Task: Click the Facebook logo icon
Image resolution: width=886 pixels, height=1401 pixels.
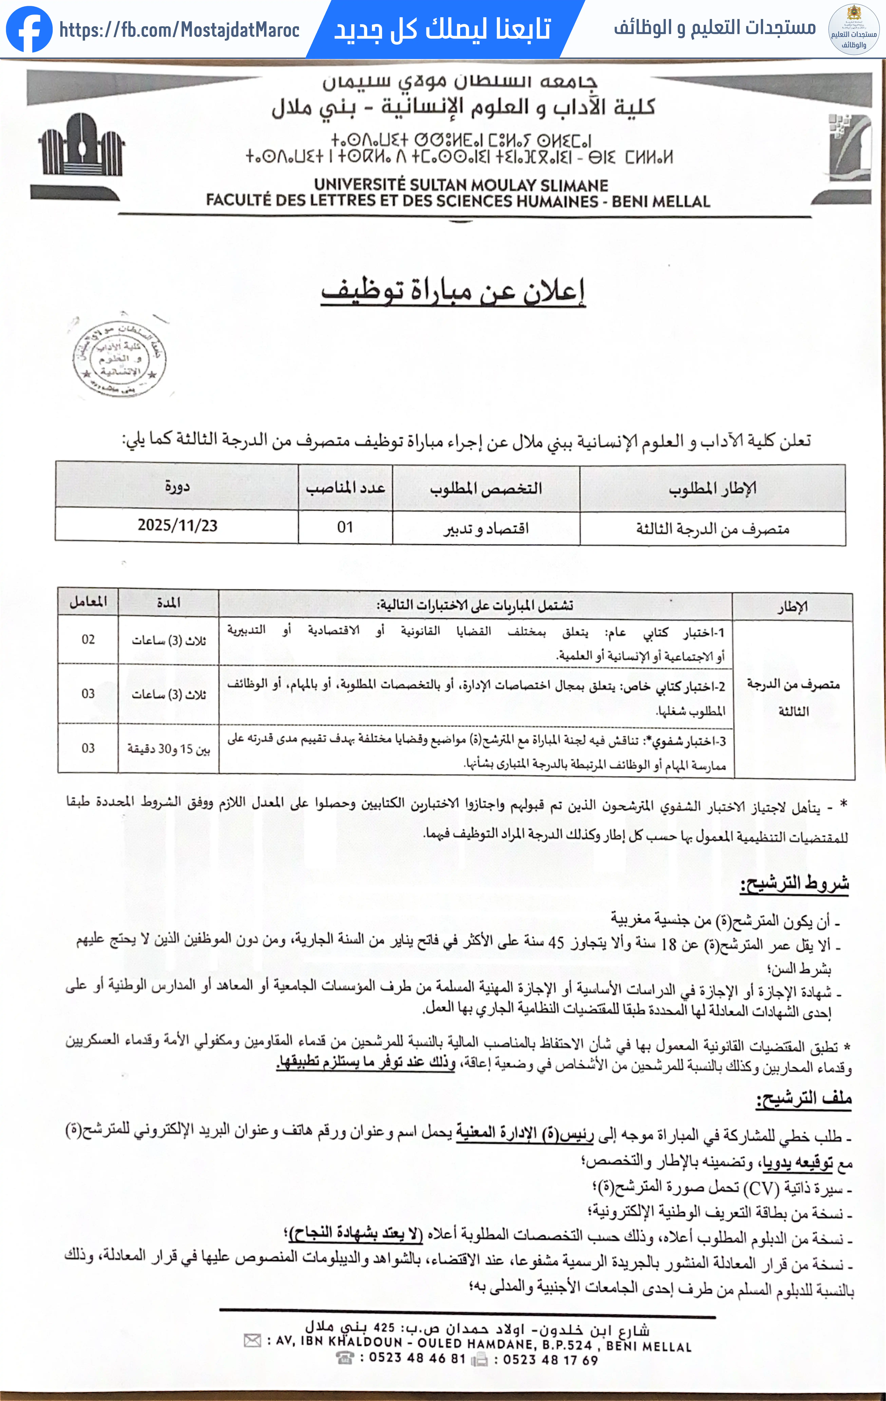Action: [x=29, y=29]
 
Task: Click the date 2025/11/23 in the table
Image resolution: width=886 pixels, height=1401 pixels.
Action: [x=177, y=525]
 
